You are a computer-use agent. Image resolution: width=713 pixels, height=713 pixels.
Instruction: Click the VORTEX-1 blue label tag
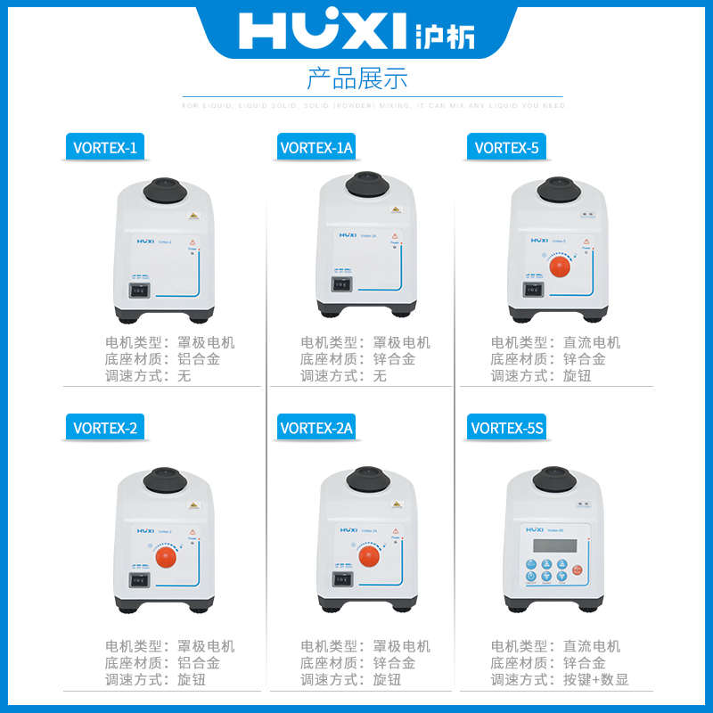click(105, 148)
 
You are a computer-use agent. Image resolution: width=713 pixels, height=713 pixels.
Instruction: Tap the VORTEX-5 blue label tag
click(505, 148)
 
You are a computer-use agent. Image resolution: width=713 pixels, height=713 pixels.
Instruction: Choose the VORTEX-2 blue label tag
click(105, 428)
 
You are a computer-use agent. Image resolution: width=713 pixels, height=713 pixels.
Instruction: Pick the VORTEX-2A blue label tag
click(316, 428)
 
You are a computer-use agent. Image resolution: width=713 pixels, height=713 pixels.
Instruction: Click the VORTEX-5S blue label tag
click(506, 428)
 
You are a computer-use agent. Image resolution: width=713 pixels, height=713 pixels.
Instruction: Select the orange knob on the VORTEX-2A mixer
click(370, 557)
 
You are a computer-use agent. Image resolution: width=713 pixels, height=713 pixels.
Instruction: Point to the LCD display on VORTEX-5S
click(551, 546)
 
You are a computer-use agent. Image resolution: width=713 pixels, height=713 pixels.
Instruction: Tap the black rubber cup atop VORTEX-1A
click(367, 184)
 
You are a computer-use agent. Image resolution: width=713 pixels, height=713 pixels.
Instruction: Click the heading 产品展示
click(356, 78)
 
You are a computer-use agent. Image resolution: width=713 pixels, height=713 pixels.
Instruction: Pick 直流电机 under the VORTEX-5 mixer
click(594, 342)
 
